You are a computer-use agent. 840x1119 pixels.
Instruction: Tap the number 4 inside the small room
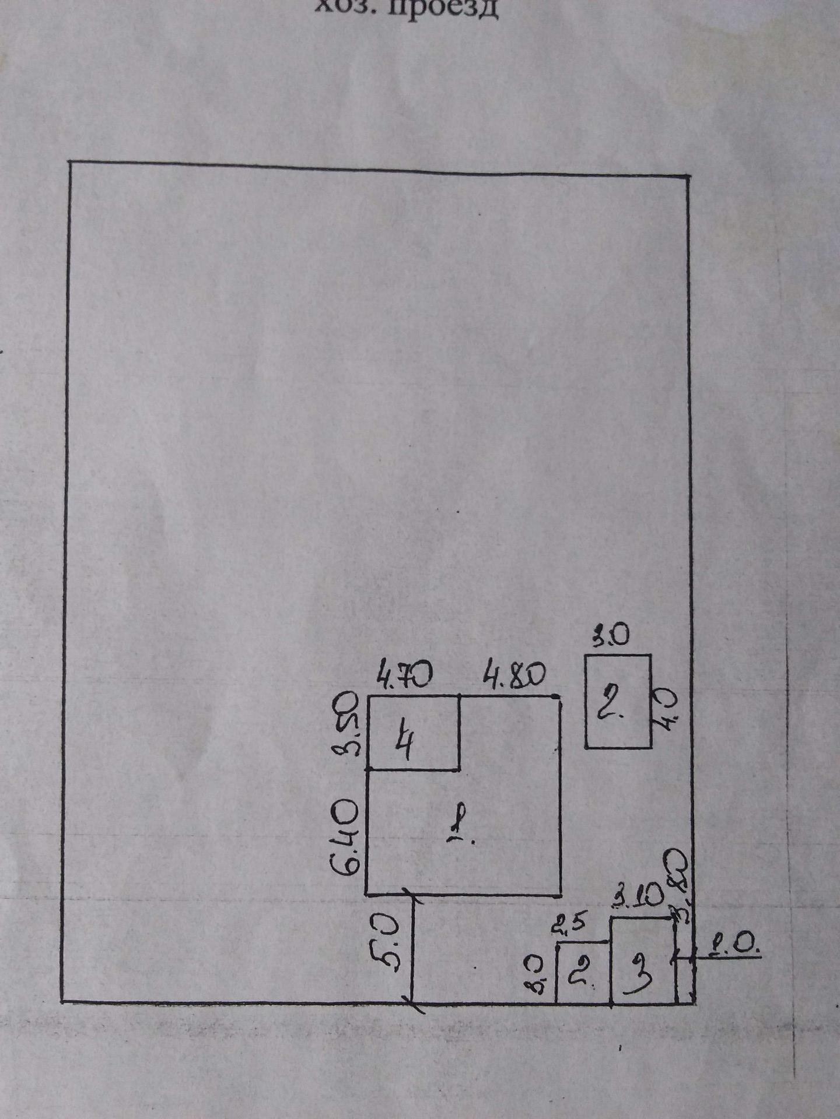(404, 744)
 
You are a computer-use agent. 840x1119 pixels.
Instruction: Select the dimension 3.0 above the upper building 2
(611, 636)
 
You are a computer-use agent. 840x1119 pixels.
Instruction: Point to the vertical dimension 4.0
(667, 709)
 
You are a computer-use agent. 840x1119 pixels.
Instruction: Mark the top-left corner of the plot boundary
(70, 162)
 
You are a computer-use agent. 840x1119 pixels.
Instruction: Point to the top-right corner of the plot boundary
(688, 175)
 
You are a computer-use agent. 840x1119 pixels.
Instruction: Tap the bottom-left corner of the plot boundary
(63, 1001)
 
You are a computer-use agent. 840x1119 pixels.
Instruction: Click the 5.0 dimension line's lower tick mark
(414, 1003)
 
